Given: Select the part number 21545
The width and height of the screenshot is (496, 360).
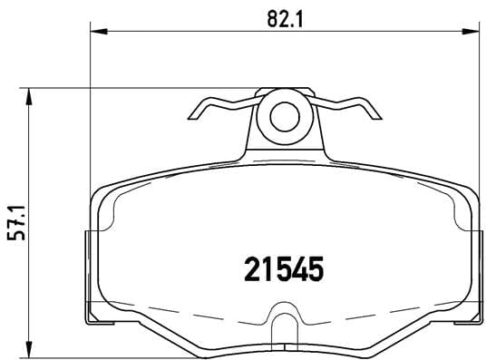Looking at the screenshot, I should click(x=285, y=268).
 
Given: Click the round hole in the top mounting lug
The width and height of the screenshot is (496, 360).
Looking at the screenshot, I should click(x=285, y=115).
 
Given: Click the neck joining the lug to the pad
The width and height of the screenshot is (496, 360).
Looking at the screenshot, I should click(x=284, y=145).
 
